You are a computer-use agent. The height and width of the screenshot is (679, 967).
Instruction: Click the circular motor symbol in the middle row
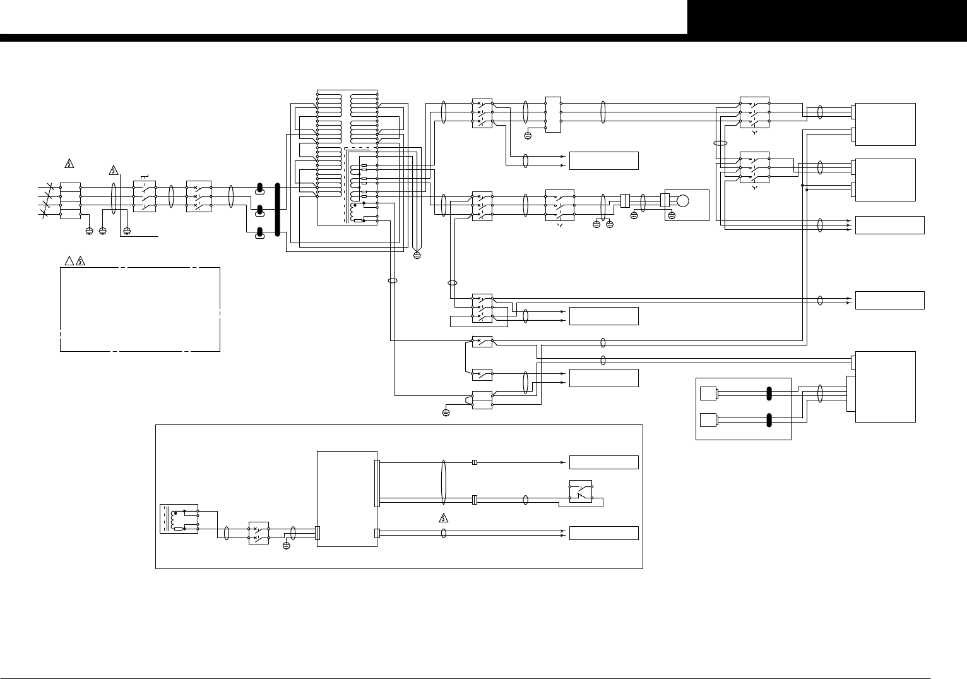coord(682,201)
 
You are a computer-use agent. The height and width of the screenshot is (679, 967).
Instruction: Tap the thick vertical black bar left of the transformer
coord(277,211)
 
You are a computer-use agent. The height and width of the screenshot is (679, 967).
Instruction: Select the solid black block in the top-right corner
coord(827,17)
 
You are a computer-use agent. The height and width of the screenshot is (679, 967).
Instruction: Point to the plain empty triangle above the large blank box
coord(69,261)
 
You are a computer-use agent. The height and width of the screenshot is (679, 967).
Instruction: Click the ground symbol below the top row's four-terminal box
coord(528,135)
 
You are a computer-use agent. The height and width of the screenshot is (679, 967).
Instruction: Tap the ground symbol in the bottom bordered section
coord(286,545)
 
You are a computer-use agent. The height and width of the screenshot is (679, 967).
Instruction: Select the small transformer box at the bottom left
coord(179,519)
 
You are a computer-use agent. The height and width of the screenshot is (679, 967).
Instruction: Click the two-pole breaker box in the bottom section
coord(259,533)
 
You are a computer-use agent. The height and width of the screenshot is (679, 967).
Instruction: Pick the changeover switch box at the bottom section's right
coord(581,492)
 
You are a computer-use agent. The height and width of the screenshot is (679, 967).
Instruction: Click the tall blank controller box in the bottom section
coord(347,499)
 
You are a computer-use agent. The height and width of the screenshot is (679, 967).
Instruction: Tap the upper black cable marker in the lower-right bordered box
coord(769,394)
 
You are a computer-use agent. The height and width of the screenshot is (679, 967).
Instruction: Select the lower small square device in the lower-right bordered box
coord(708,419)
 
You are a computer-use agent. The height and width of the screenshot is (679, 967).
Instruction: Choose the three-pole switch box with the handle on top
coord(145,196)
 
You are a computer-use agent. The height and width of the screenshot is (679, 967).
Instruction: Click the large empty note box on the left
coord(140,309)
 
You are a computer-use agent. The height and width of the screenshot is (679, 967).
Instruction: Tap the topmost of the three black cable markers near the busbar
coord(259,188)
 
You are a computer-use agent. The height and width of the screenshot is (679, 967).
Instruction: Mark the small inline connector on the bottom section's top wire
coord(475,462)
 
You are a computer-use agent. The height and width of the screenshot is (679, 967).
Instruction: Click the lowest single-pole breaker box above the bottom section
coord(482,399)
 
